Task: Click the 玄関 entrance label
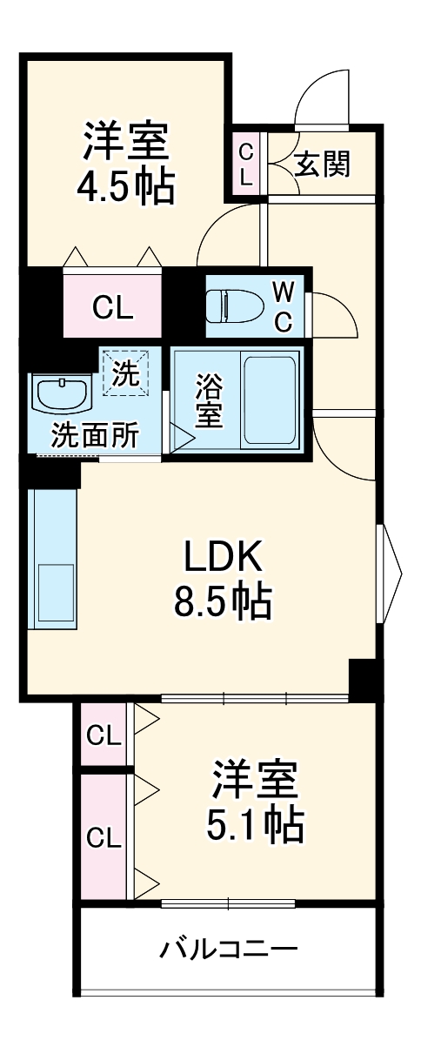click(x=322, y=164)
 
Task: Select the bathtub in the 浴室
click(x=270, y=400)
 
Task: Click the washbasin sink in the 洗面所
click(x=61, y=393)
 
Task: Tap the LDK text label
click(x=223, y=556)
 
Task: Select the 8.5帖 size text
click(x=223, y=601)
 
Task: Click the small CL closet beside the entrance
click(x=245, y=164)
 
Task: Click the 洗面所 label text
click(x=95, y=436)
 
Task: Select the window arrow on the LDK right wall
click(x=390, y=573)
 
